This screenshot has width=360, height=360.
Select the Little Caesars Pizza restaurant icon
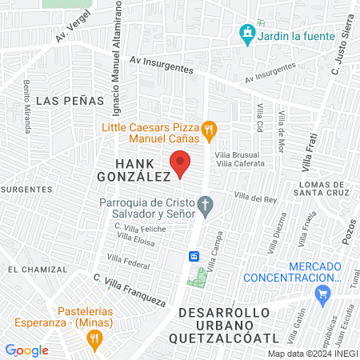(x=209, y=128)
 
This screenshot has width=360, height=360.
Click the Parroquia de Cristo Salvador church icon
(x=206, y=208)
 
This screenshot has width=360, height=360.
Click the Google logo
(x=26, y=350)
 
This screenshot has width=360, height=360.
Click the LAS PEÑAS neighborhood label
(x=70, y=101)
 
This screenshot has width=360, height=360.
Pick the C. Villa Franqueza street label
(x=129, y=291)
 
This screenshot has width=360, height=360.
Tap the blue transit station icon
(x=194, y=256)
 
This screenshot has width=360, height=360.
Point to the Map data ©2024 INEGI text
(x=312, y=353)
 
